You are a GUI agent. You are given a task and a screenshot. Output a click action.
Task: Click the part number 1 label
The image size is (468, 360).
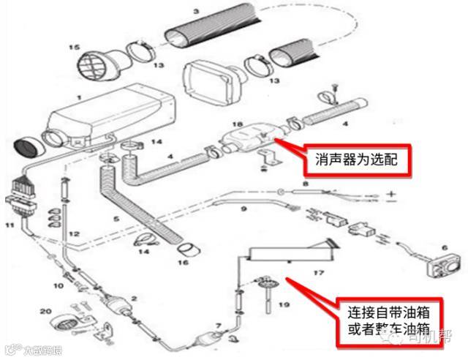tap(78, 97)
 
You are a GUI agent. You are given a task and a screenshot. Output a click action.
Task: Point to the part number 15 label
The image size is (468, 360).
tap(74, 48)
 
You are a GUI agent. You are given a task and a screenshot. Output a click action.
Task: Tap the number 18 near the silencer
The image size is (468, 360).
tap(235, 124)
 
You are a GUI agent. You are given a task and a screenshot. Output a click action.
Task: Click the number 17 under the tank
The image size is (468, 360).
tap(317, 272)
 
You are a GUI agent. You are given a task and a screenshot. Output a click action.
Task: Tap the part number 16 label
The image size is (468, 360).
tap(183, 262)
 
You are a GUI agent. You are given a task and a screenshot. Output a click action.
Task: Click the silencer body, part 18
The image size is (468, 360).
tap(245, 138)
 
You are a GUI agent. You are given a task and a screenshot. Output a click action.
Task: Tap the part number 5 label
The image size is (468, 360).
tap(115, 218)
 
